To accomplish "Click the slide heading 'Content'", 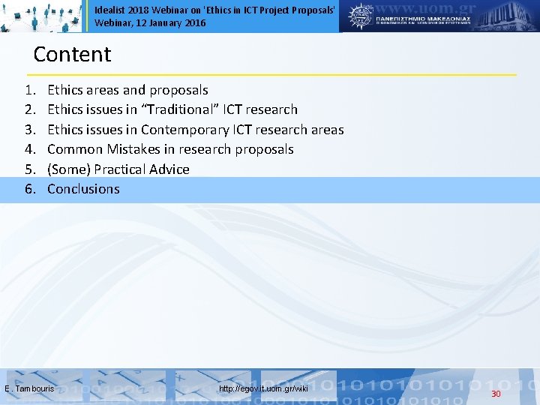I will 72,55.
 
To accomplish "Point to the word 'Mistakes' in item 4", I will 132,149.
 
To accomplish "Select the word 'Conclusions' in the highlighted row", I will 83,189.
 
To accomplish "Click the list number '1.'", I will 30,90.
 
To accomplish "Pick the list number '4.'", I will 30,149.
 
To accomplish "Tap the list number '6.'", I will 30,189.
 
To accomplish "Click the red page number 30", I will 496,394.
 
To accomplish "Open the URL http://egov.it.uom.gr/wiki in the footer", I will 263,388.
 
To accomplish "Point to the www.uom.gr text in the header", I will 434,10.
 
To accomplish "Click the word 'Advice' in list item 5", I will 170,169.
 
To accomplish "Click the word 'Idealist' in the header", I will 109,10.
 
